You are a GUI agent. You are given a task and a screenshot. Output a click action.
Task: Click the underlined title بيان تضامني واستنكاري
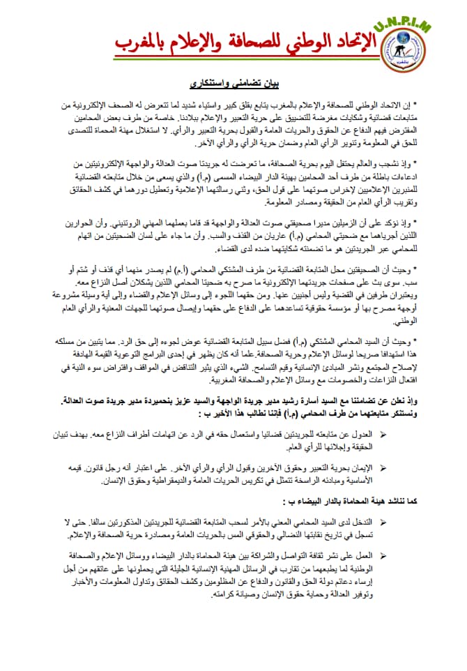coord(232,84)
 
